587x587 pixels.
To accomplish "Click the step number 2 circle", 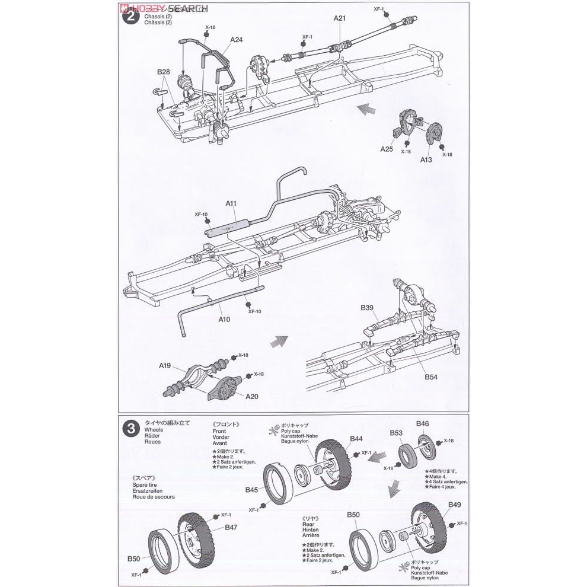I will click(x=130, y=16).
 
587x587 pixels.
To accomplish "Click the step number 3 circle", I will click(x=130, y=428).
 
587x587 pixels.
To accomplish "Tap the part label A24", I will click(x=237, y=40).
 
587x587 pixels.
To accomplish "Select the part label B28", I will click(x=164, y=72).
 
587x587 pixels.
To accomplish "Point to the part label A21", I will click(x=339, y=18).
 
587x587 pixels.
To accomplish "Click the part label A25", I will click(x=387, y=149).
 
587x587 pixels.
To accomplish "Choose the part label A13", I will click(x=426, y=159).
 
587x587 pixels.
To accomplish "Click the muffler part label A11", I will click(x=231, y=203).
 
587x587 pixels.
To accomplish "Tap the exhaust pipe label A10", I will click(x=224, y=319).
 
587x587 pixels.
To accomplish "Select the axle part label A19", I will click(x=165, y=365).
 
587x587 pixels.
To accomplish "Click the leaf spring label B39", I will click(x=367, y=308).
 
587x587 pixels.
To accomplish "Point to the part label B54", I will click(x=430, y=377).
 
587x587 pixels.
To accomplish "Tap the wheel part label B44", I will click(x=356, y=439).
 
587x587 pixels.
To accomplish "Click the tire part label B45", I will click(x=251, y=490).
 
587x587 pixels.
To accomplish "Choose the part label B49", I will click(x=454, y=505).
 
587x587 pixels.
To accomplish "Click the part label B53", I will click(x=397, y=433).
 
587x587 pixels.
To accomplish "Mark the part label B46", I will click(x=422, y=423).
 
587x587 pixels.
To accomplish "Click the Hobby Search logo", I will click(x=154, y=8).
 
